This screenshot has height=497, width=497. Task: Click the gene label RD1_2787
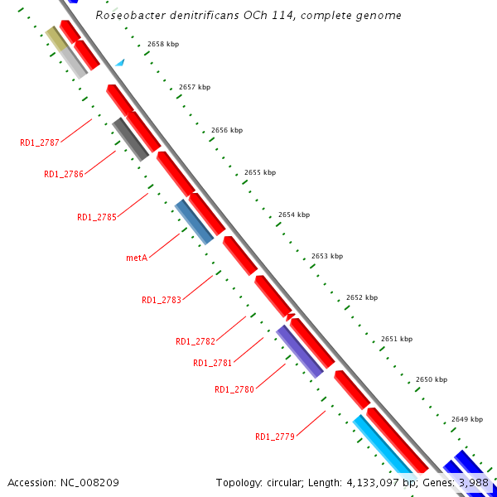[x=40, y=142]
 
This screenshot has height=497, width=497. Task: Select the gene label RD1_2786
[x=64, y=174]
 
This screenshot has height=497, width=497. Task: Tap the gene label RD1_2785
[x=97, y=217]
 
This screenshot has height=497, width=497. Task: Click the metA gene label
[x=137, y=258]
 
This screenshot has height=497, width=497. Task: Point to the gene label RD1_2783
[x=161, y=300]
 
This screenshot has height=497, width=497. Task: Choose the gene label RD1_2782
[x=195, y=341]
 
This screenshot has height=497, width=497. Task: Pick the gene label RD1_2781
[x=213, y=363]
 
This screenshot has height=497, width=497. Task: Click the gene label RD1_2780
[x=234, y=389]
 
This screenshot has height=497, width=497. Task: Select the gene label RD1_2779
[x=275, y=437]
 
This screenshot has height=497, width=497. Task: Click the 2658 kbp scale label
[x=163, y=44]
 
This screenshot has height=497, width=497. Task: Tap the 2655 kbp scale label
[x=260, y=172]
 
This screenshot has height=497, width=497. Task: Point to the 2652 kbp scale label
[x=362, y=297]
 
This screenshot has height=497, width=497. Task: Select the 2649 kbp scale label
[x=467, y=419]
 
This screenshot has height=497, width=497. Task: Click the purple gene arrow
[x=299, y=351]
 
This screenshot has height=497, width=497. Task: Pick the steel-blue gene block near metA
[x=194, y=221]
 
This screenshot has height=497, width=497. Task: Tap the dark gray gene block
[x=131, y=139]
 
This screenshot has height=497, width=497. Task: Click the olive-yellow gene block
[x=55, y=37]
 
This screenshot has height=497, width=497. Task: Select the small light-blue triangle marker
[x=120, y=62]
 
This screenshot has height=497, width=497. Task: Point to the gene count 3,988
[x=473, y=482]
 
